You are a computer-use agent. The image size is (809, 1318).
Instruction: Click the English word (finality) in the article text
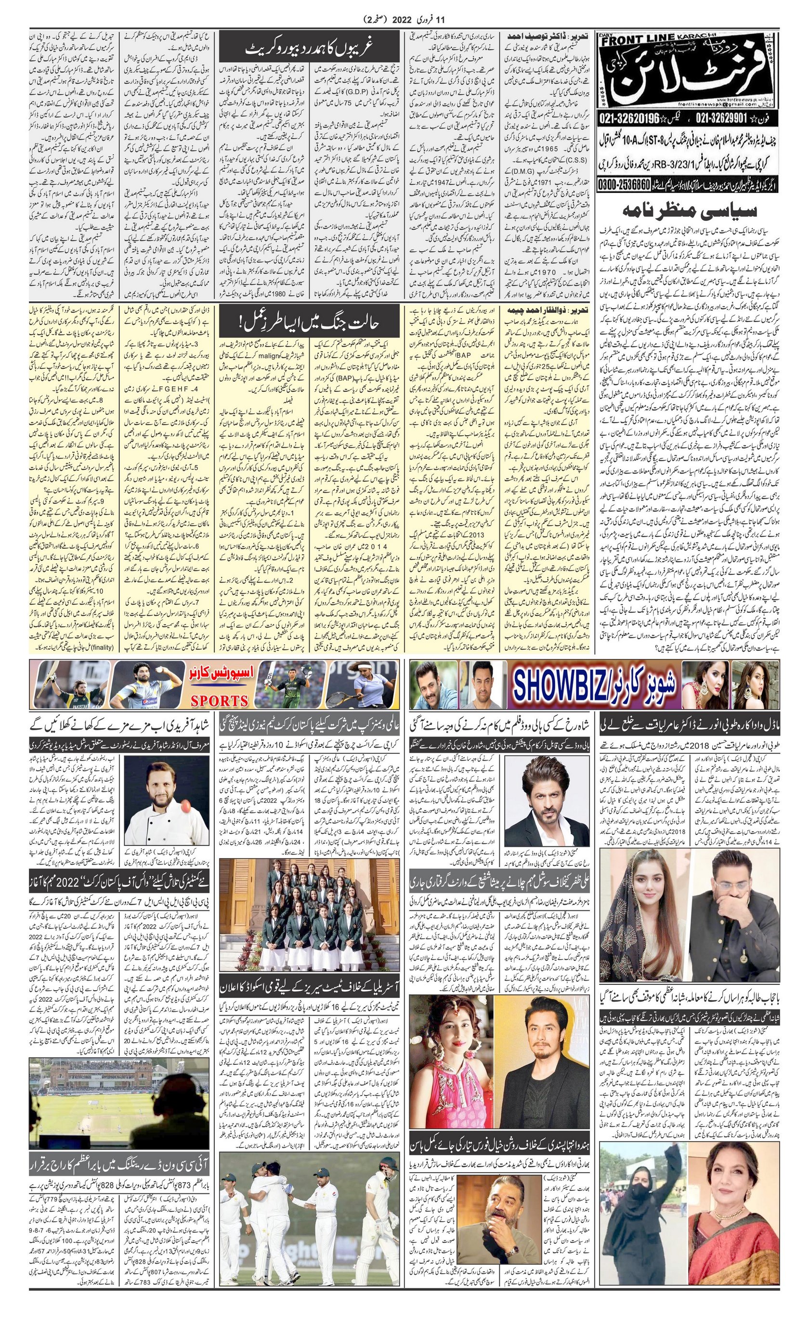(x=102, y=648)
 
